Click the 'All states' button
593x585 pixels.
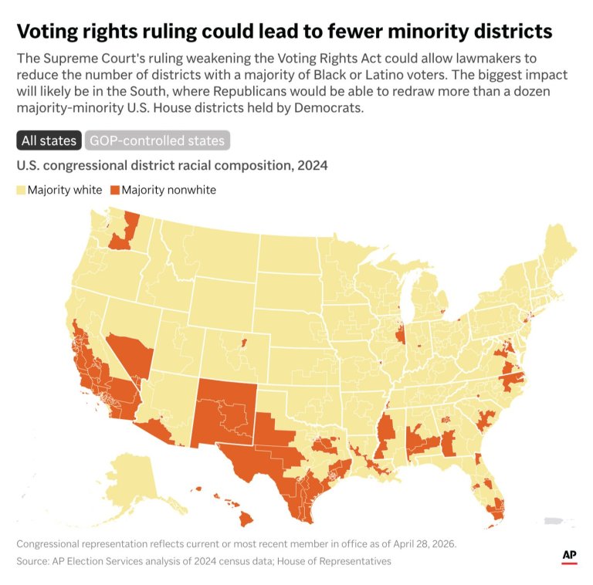(49, 140)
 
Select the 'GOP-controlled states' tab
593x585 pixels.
(157, 140)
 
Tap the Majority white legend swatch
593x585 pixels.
(21, 190)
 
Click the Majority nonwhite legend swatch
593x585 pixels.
(115, 190)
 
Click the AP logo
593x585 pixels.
(569, 556)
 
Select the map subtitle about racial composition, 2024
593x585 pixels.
(171, 165)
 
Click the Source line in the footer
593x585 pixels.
(204, 561)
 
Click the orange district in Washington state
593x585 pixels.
(124, 235)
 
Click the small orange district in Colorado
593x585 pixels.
(244, 341)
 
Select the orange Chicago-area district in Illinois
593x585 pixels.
(399, 336)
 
